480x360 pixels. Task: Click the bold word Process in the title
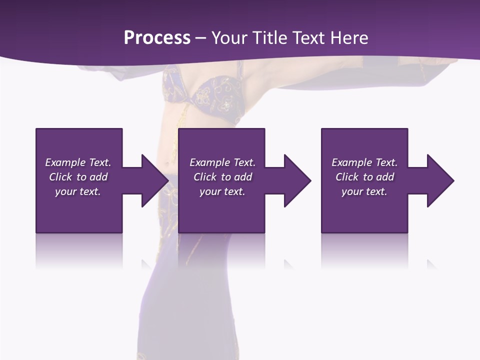coord(157,38)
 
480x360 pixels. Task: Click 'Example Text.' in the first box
coord(78,162)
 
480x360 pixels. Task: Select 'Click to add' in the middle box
coord(222,177)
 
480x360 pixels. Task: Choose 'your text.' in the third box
coord(364,191)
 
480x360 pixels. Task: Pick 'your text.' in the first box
coord(78,191)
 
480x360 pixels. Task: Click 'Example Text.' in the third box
coord(364,162)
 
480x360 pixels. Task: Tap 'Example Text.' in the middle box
coord(222,162)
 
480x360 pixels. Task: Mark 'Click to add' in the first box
coord(78,177)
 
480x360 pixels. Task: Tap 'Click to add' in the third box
coord(364,177)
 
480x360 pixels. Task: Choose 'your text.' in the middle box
coord(222,191)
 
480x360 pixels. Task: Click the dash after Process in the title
coord(201,38)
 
